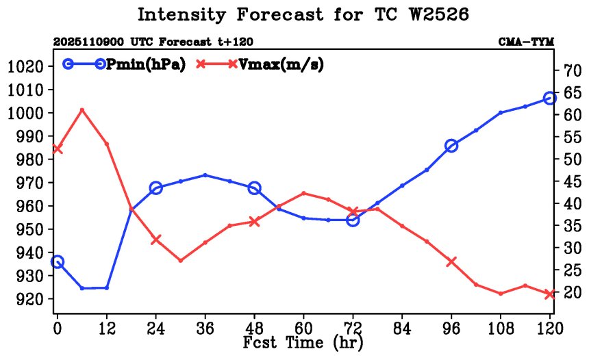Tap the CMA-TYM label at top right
[525, 42]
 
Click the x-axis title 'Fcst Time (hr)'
[303, 342]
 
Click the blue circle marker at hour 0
[57, 262]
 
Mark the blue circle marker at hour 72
[353, 220]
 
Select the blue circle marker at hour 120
[550, 99]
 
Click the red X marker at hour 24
[155, 240]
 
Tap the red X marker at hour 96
[451, 261]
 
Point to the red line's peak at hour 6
[82, 110]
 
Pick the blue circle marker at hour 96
[451, 146]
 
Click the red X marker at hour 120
[550, 294]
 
